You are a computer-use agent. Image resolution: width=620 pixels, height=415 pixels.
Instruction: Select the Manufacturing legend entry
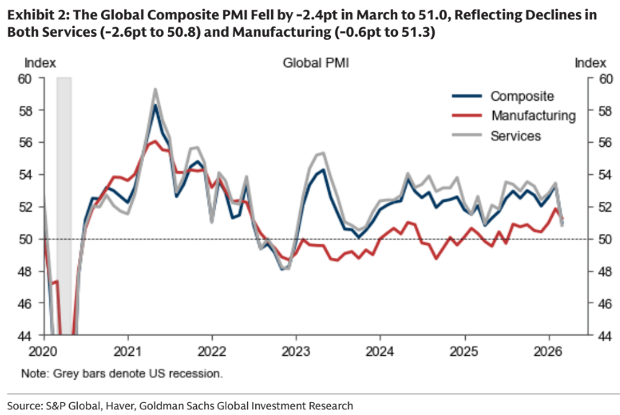(x=533, y=115)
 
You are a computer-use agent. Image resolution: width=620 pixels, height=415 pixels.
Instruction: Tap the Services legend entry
(x=515, y=135)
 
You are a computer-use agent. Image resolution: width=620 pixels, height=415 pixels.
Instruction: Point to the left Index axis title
(x=40, y=63)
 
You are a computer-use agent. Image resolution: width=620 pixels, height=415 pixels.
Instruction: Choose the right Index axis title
(x=590, y=63)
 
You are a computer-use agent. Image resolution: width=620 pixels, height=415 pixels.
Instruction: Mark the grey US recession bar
(x=64, y=180)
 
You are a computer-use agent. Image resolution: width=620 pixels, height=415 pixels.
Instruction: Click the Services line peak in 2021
(x=155, y=89)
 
